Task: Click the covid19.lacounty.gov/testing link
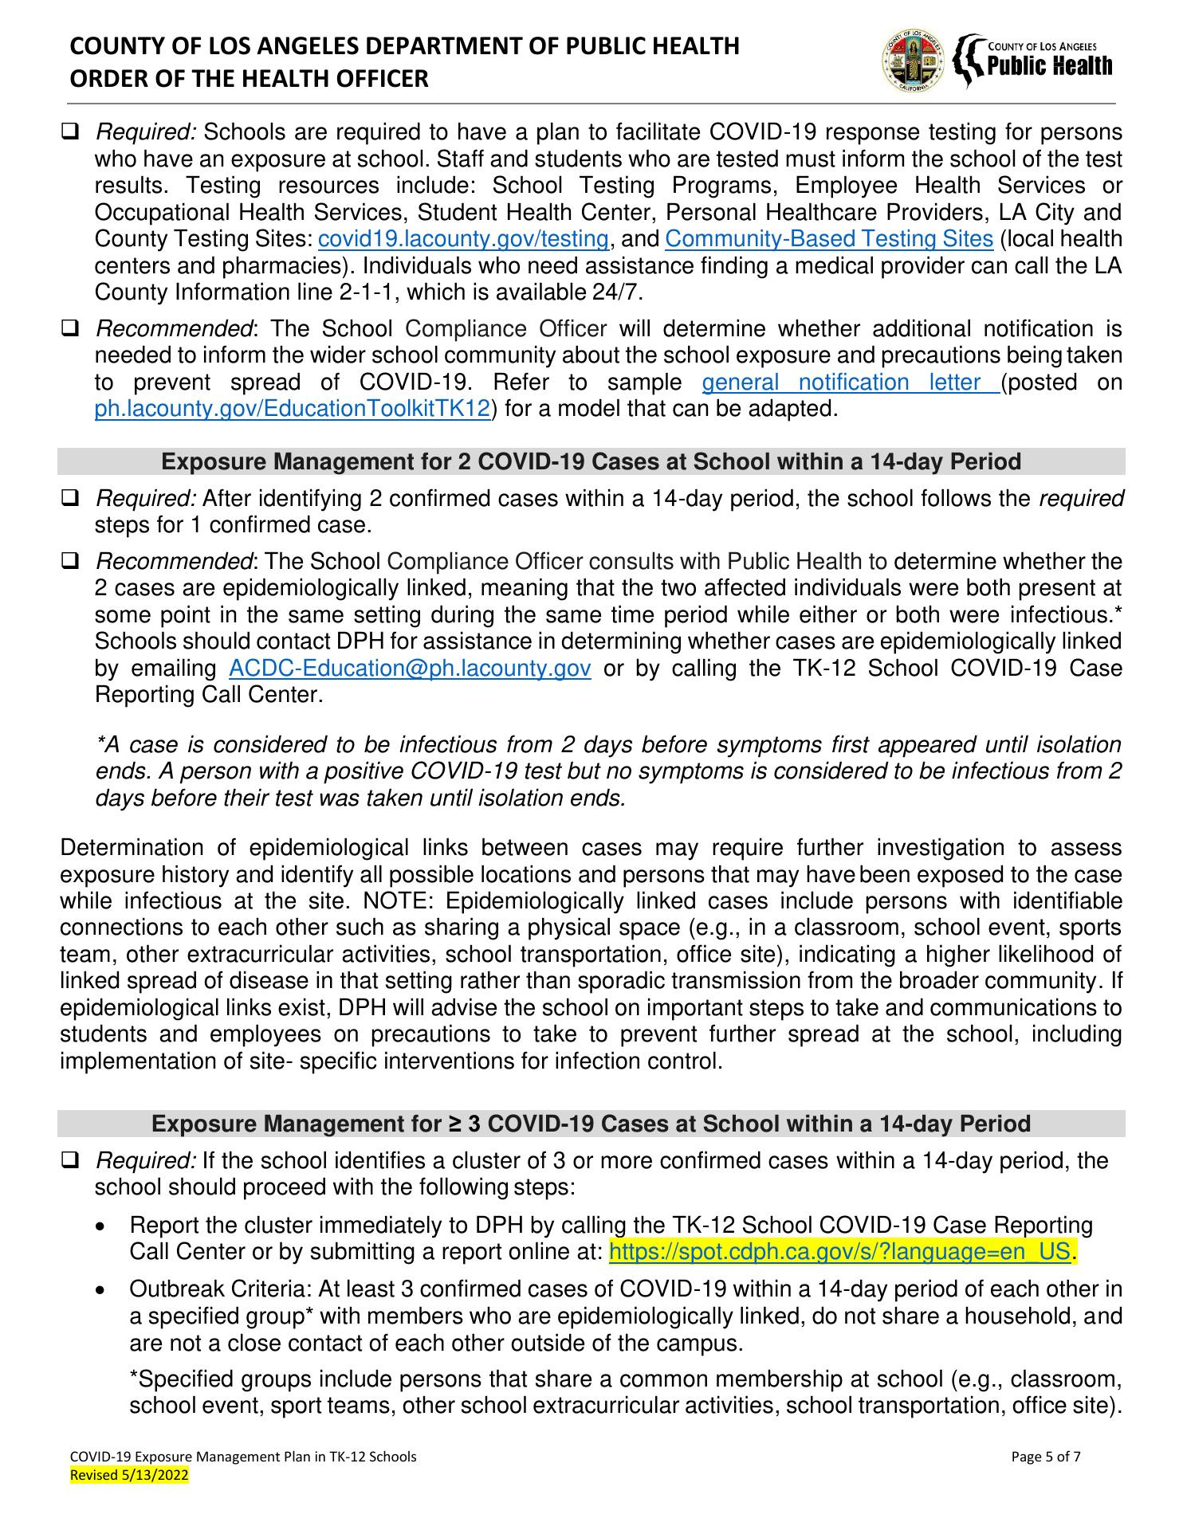click(x=463, y=239)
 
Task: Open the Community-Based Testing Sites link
click(x=828, y=239)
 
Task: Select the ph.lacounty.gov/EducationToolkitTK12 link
click(x=292, y=410)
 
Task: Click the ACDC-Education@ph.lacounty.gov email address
click(x=409, y=668)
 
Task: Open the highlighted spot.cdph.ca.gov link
click(x=841, y=1252)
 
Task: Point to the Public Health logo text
click(x=1049, y=65)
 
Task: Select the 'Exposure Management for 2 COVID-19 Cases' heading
click(x=591, y=461)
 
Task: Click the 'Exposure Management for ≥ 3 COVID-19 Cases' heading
click(x=591, y=1124)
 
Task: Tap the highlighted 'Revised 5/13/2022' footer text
click(x=130, y=1476)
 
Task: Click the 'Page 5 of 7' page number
click(x=1046, y=1457)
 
